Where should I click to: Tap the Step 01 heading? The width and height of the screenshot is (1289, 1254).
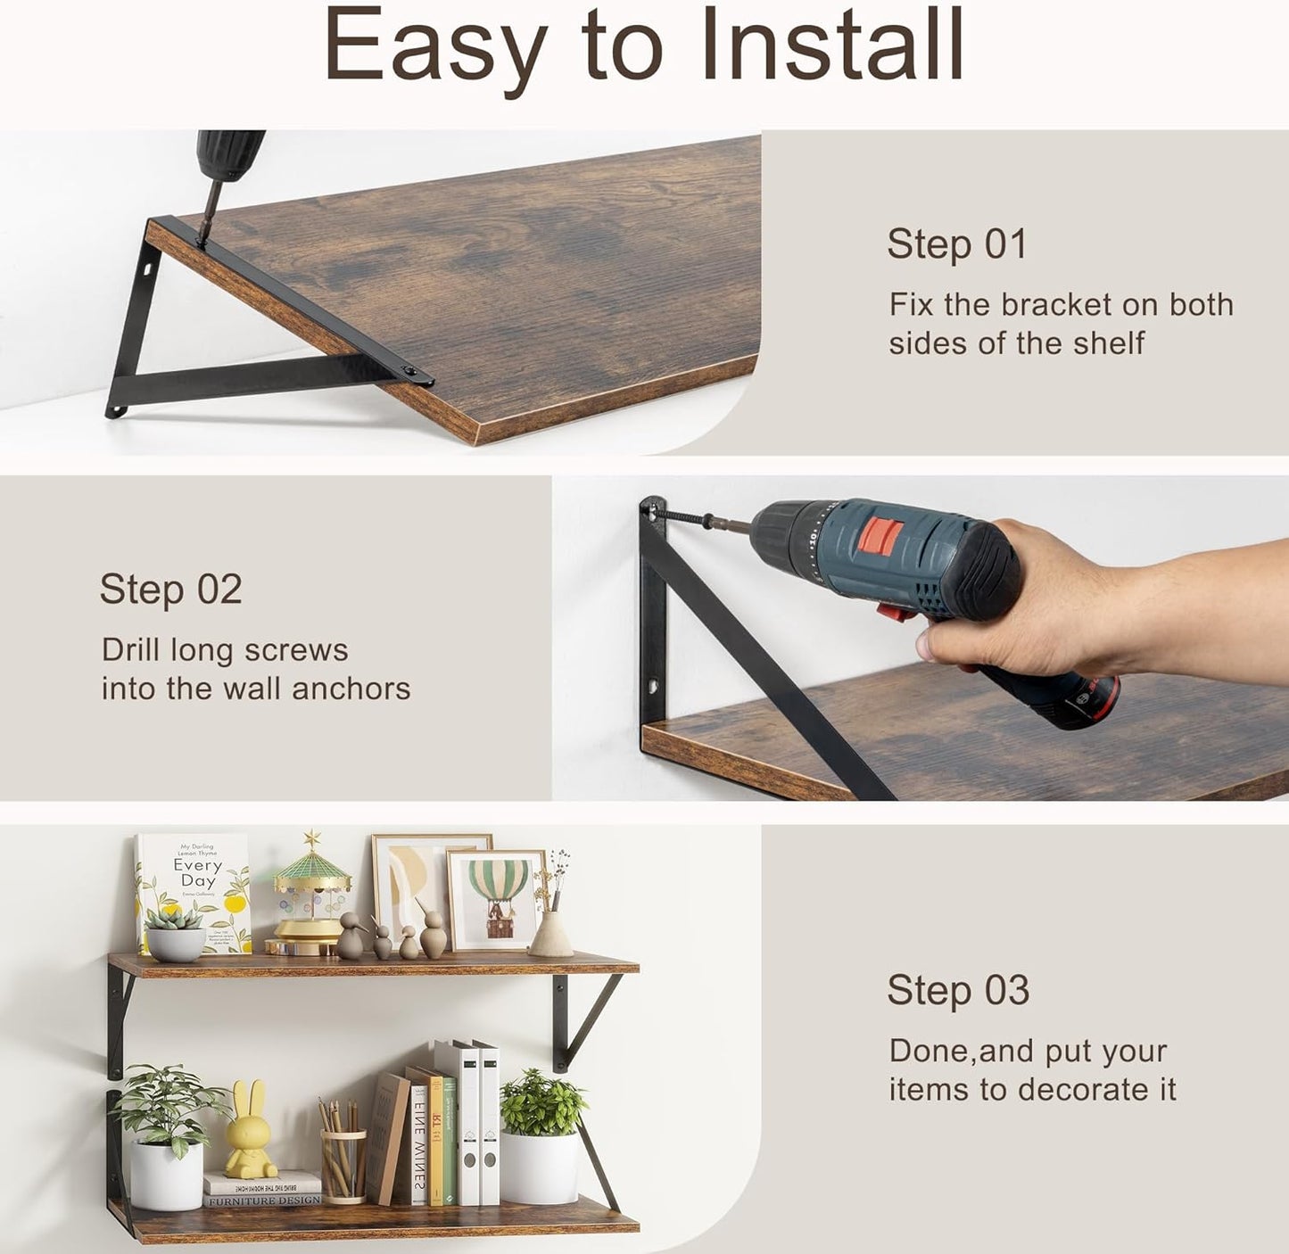956,244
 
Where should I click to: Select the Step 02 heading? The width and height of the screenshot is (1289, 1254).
170,590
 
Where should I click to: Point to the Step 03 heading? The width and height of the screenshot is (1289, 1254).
958,991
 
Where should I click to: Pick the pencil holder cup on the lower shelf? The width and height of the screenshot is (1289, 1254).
343,1164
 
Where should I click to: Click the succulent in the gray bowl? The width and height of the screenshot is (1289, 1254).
175,932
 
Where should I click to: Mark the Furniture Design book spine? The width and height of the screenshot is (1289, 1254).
264,1200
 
